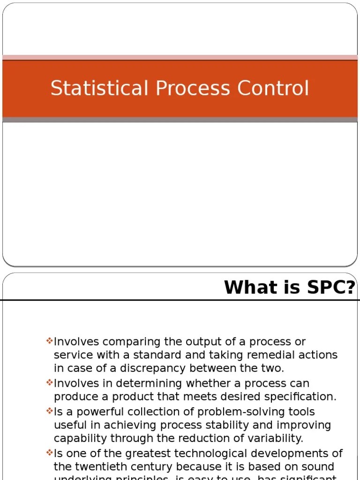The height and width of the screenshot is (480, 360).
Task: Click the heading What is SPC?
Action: click(x=289, y=287)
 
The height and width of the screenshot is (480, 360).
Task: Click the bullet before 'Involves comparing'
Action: click(x=50, y=341)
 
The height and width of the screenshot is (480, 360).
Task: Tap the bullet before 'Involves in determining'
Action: click(x=50, y=382)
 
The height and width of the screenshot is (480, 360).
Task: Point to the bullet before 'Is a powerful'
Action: click(x=50, y=411)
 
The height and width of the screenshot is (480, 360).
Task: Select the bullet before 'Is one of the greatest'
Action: click(x=50, y=453)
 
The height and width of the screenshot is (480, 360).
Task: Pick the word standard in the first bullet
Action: click(x=136, y=355)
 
